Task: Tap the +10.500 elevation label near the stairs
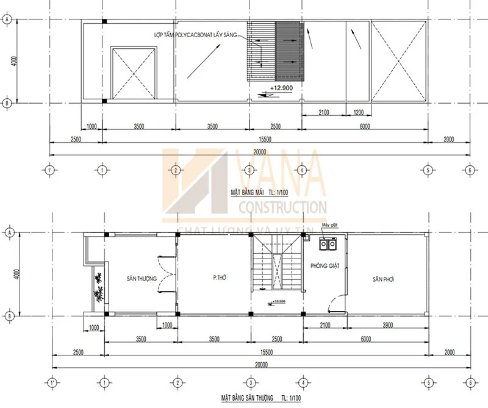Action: coord(278,301)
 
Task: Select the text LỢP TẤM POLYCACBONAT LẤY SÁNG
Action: coord(195,36)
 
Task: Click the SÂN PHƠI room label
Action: coord(385,279)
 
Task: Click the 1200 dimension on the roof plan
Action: coord(357,112)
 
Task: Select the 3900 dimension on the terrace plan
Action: coord(387,326)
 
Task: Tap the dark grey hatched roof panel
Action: coord(289,51)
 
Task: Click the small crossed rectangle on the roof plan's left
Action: coord(133,73)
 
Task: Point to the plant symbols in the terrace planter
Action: coord(97,287)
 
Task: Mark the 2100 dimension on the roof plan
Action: coord(324,112)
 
